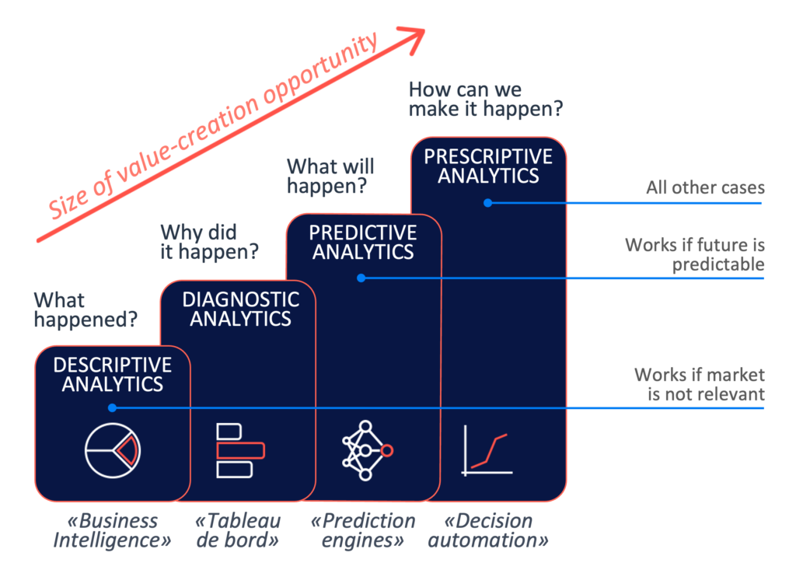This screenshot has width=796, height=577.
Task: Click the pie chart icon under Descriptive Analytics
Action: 113,449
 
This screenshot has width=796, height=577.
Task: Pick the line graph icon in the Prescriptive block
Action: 487,449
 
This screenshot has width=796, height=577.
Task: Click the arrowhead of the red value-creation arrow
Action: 417,35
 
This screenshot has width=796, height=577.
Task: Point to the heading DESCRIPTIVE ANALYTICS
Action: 113,373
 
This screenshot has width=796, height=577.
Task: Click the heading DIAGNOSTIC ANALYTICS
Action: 241,309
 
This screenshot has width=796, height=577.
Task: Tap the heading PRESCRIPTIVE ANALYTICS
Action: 488,166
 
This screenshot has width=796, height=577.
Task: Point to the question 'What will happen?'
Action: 330,176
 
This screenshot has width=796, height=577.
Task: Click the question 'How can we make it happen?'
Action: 486,100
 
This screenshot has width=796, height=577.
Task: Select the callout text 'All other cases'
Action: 705,187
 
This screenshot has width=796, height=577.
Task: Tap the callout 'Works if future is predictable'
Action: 694,255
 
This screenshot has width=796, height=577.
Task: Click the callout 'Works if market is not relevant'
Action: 699,384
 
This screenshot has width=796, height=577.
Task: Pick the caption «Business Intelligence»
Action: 112,530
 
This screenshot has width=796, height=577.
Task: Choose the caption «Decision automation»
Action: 489,530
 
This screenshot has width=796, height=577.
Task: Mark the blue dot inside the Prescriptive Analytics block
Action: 488,203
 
